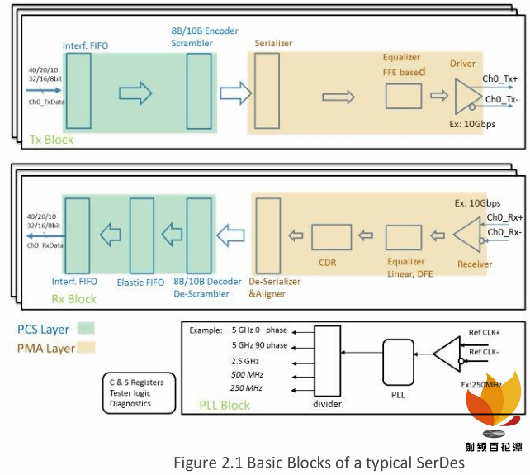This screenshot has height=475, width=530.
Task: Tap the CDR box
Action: tap(331, 237)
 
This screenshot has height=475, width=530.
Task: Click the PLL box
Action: tap(398, 361)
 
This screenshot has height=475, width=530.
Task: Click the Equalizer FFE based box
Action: tap(402, 97)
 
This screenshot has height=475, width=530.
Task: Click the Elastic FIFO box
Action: tap(142, 236)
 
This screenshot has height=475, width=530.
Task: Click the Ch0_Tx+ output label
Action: tap(500, 80)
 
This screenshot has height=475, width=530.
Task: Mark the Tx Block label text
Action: tap(51, 140)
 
